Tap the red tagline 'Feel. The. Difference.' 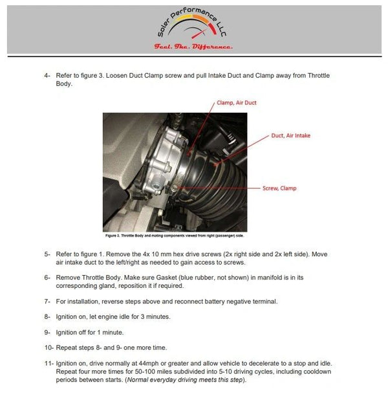coord(193,47)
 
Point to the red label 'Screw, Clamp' coord(279,188)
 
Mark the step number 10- coord(49,347)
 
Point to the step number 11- coord(49,364)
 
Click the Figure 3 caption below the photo coord(175,237)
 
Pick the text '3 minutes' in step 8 coord(158,316)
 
